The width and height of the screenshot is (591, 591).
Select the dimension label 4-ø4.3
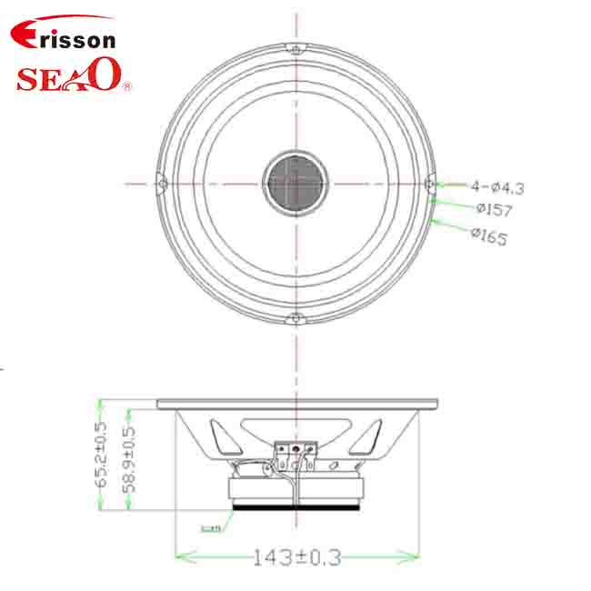[497, 187]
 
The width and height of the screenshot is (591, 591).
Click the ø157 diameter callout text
[494, 210]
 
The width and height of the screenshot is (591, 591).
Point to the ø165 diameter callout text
[488, 236]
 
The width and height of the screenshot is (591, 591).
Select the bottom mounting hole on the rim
[295, 319]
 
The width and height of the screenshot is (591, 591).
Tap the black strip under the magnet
[295, 507]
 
